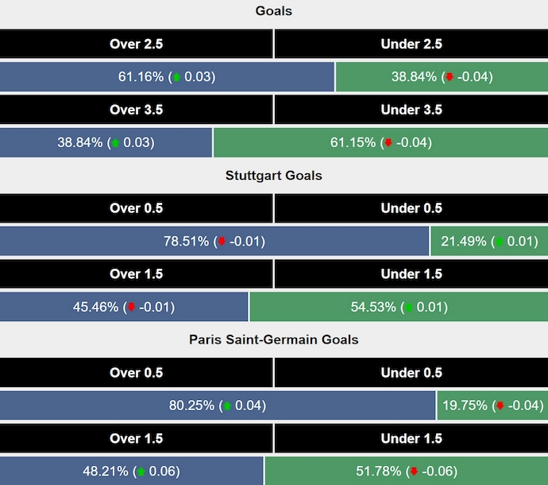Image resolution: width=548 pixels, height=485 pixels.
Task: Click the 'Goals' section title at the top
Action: click(273, 11)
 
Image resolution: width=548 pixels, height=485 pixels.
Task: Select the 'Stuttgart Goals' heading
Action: click(273, 175)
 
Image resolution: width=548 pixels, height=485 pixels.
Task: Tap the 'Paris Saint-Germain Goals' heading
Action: click(273, 339)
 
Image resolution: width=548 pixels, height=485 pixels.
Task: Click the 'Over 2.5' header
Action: click(136, 45)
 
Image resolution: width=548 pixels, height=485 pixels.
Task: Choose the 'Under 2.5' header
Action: click(411, 45)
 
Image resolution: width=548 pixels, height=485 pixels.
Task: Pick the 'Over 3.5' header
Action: click(136, 110)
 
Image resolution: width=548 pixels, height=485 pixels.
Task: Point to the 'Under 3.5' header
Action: click(411, 110)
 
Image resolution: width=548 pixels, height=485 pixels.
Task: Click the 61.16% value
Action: click(141, 77)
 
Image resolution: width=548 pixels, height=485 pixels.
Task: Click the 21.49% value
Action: click(465, 241)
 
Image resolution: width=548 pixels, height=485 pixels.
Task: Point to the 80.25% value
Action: click(192, 405)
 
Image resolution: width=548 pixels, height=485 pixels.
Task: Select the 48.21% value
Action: click(106, 471)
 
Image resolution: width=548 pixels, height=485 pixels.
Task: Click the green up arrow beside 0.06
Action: click(141, 471)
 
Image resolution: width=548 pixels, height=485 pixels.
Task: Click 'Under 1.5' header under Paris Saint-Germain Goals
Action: click(411, 438)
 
